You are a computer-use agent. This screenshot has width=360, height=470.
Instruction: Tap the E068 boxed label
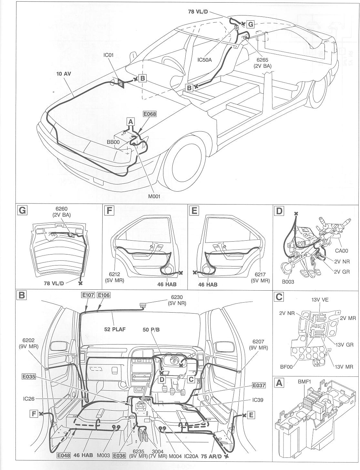(x=149, y=114)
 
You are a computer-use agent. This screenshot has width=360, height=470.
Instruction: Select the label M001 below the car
(x=154, y=196)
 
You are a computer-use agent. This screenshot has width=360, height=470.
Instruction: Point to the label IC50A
(x=204, y=60)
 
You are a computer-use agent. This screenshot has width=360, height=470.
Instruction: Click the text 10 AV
(x=64, y=74)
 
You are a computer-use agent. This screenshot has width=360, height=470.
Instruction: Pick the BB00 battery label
(x=113, y=142)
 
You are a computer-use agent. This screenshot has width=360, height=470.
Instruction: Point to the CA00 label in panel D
(x=341, y=251)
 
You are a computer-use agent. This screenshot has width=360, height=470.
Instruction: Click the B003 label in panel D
(x=288, y=282)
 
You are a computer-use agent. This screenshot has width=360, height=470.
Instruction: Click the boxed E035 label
(x=29, y=376)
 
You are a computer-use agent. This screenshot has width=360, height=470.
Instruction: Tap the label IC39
(x=258, y=400)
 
